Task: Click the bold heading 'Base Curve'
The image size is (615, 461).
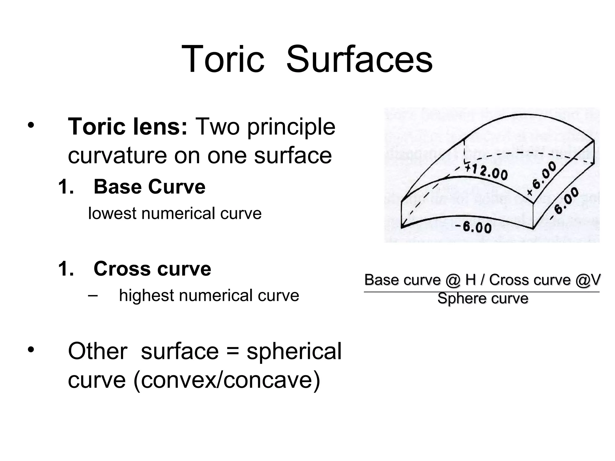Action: coord(149,187)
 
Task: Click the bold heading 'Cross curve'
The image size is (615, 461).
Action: coord(152,269)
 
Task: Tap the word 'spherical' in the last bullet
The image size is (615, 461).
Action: coord(294,351)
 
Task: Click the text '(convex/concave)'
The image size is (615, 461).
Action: coord(227,380)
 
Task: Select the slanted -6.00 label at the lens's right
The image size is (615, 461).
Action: coord(565,202)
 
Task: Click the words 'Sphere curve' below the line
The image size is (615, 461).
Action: coord(483,299)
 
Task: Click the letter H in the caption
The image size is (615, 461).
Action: coord(471,280)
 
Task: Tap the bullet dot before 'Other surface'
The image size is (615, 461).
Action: coord(30,350)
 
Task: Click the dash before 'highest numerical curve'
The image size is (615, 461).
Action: coord(93,296)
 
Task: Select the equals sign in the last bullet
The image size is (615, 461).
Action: coord(232,352)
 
